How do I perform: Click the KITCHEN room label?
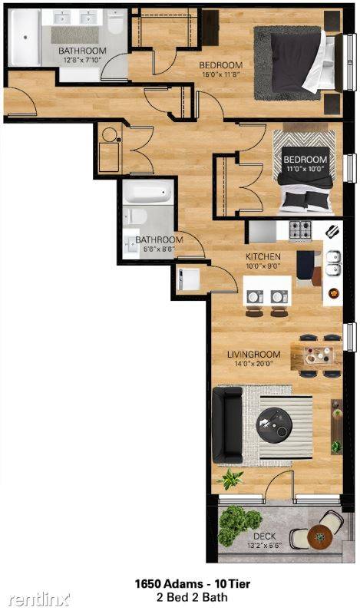pyautogui.click(x=263, y=256)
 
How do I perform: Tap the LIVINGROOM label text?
pyautogui.click(x=254, y=355)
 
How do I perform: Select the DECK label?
pyautogui.click(x=264, y=536)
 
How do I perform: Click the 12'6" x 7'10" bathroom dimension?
pyautogui.click(x=82, y=60)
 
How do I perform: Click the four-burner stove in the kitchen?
pyautogui.click(x=300, y=229)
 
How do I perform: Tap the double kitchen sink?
pyautogui.click(x=333, y=263)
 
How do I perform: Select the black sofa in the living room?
pyautogui.click(x=228, y=425)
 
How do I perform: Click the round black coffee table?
pyautogui.click(x=274, y=425)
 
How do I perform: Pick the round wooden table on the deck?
pyautogui.click(x=319, y=536)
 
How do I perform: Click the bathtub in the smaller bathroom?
pyautogui.click(x=147, y=192)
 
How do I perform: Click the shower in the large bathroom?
pyautogui.click(x=25, y=38)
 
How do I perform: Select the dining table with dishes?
pyautogui.click(x=316, y=356)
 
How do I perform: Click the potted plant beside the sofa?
pyautogui.click(x=230, y=479)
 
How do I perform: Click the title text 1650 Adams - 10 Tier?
pyautogui.click(x=193, y=584)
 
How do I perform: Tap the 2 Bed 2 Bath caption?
pyautogui.click(x=193, y=597)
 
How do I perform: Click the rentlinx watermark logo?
pyautogui.click(x=39, y=599)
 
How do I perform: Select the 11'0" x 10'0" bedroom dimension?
pyautogui.click(x=305, y=169)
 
